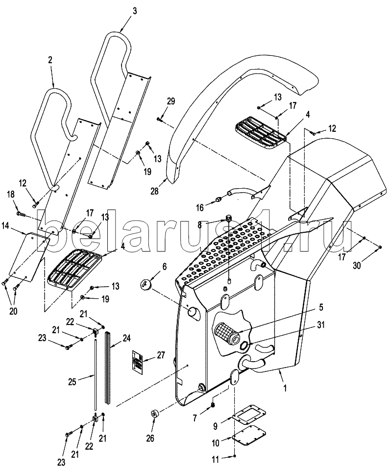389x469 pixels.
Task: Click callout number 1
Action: (x=285, y=388)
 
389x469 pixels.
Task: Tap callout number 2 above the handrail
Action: (x=50, y=60)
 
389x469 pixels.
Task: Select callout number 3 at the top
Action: (x=135, y=11)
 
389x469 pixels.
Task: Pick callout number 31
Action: (x=320, y=325)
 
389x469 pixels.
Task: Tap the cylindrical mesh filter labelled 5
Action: (x=227, y=334)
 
